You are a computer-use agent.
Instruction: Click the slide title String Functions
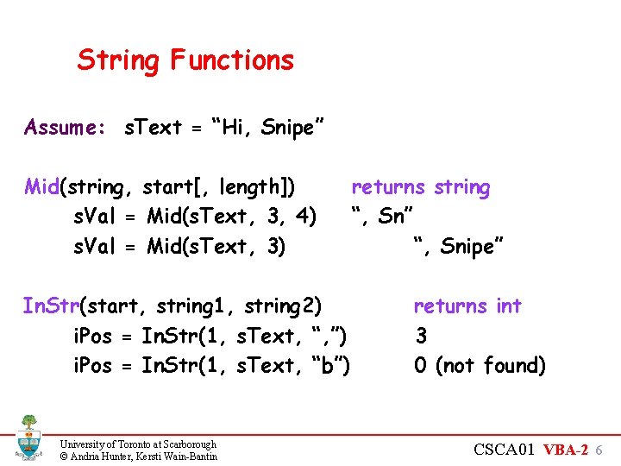pos(185,60)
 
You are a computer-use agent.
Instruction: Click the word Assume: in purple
pos(66,128)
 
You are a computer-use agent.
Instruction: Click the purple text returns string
pos(420,187)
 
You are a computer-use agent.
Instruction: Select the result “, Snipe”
pos(457,247)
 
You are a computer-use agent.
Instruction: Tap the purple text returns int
pos(467,306)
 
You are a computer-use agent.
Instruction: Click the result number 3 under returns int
pos(421,336)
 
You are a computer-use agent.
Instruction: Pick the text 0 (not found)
pos(480,366)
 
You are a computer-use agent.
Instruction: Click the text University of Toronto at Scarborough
pos(138,444)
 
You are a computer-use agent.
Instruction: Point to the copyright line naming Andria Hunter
pos(138,456)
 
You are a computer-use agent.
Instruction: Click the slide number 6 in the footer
pos(599,450)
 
